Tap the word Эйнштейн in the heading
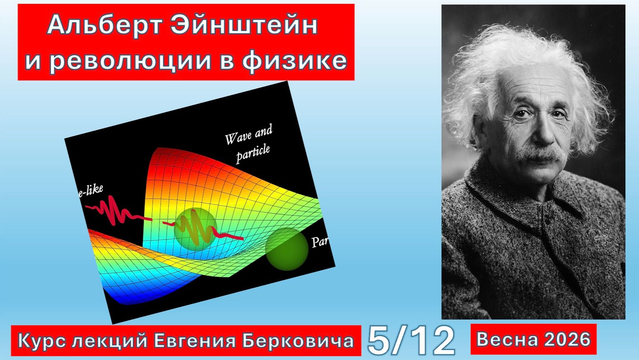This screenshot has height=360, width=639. pyautogui.click(x=244, y=26)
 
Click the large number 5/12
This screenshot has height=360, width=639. pyautogui.click(x=411, y=340)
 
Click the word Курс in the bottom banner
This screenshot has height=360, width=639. pyautogui.click(x=42, y=341)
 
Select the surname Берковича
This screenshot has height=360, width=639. pyautogui.click(x=298, y=341)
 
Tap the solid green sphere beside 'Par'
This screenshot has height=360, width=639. pyautogui.click(x=287, y=249)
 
